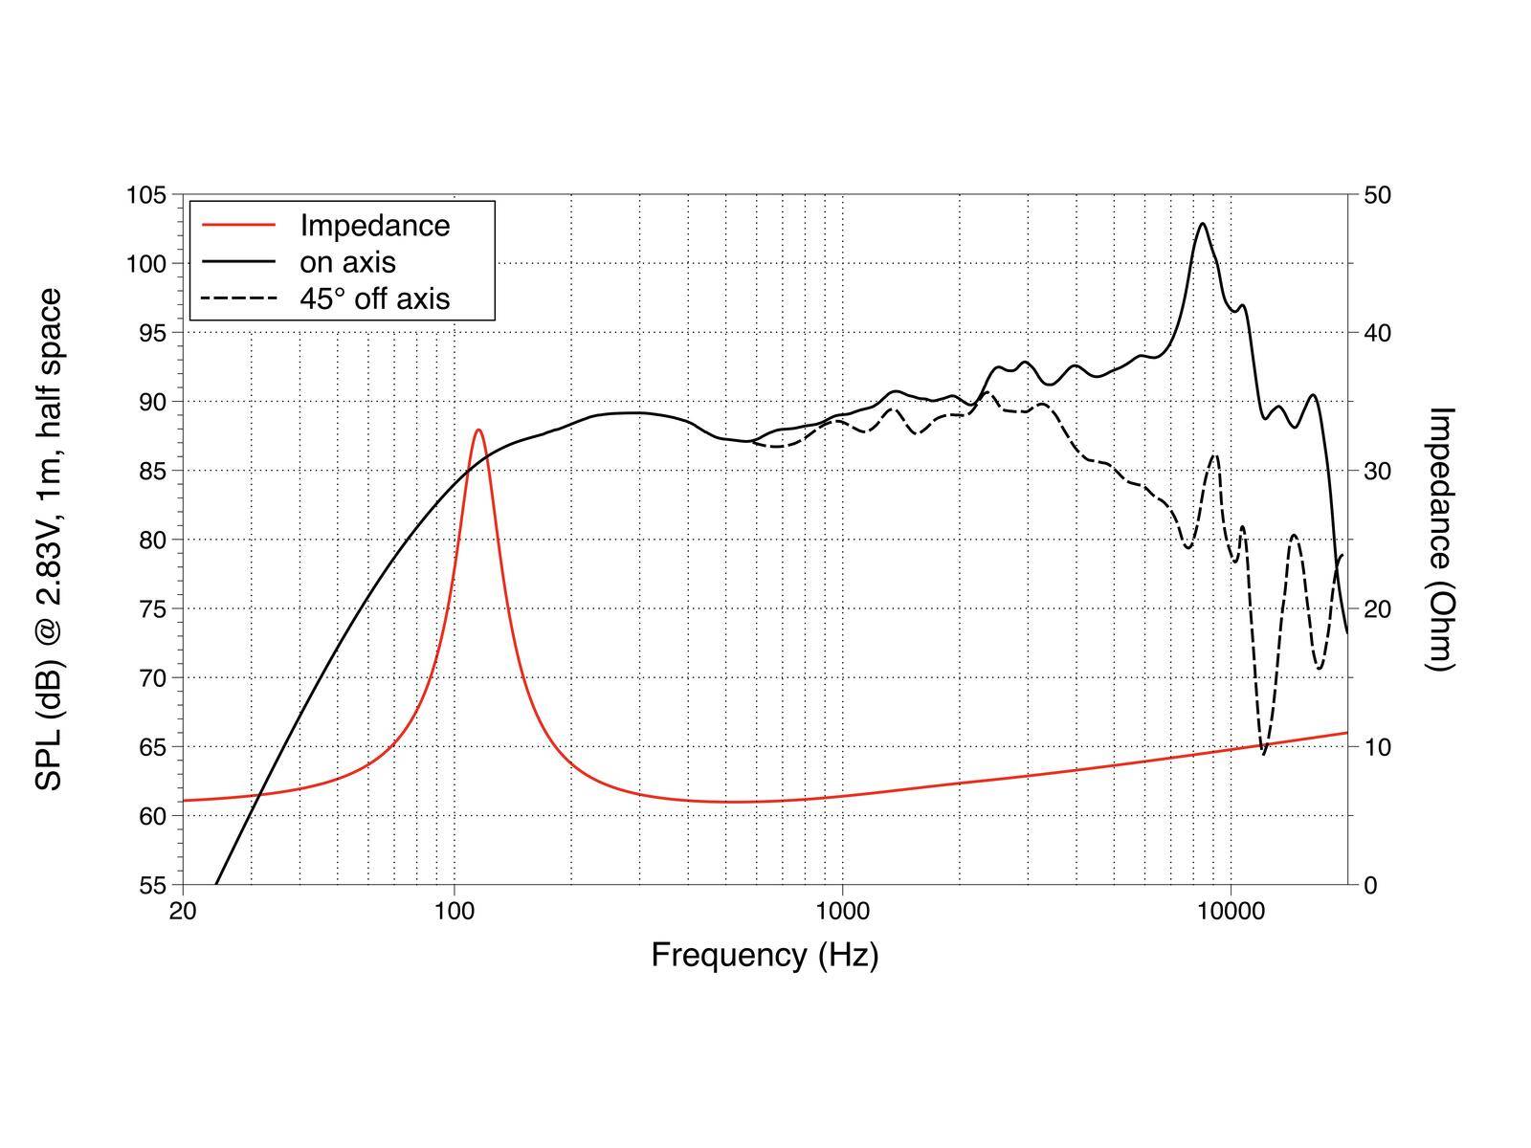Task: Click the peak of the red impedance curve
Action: [x=478, y=430]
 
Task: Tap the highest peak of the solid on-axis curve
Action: [x=1203, y=224]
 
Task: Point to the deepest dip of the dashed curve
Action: [x=1264, y=754]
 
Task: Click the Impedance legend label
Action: [x=374, y=226]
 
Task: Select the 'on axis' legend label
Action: [x=347, y=262]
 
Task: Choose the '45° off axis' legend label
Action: [x=374, y=298]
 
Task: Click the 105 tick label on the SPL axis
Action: [x=146, y=195]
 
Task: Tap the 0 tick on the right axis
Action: [x=1371, y=885]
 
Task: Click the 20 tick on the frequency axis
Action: [x=183, y=910]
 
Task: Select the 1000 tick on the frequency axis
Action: [x=842, y=910]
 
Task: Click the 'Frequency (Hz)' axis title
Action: [x=765, y=955]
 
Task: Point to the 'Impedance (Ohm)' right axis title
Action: [x=1440, y=540]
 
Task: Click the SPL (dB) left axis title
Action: [x=50, y=540]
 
